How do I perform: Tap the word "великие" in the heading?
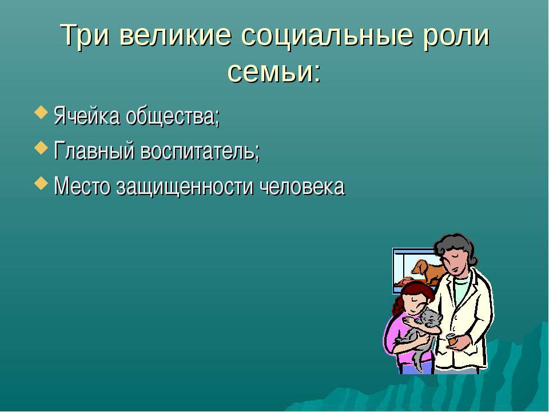[x=176, y=35]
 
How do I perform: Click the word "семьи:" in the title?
[x=274, y=72]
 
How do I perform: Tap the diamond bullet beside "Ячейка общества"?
[x=41, y=113]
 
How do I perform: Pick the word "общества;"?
[x=173, y=116]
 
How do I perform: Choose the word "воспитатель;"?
[x=200, y=151]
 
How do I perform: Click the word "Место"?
[x=82, y=186]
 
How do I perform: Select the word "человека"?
[x=303, y=187]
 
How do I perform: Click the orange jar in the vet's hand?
[x=452, y=340]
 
